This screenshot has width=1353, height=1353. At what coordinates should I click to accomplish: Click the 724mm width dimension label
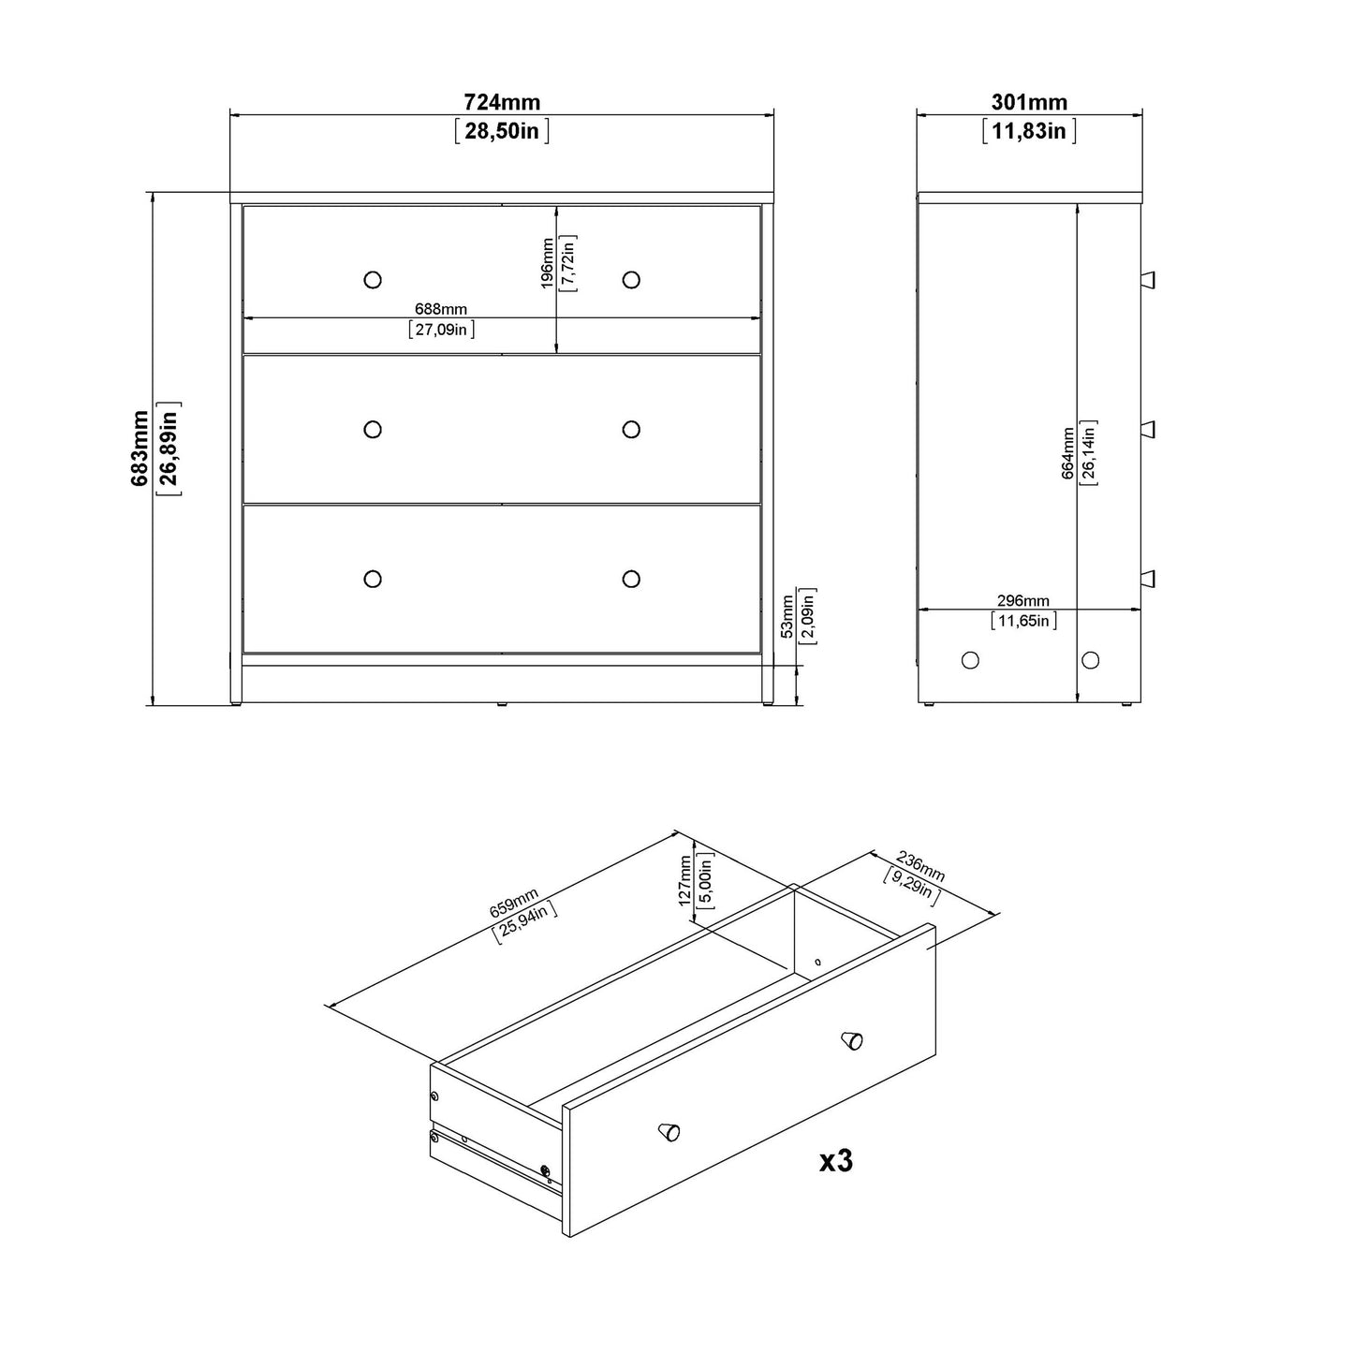(502, 102)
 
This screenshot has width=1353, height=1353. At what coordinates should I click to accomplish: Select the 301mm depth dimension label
(1029, 102)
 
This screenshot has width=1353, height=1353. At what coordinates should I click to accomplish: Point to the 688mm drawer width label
(441, 309)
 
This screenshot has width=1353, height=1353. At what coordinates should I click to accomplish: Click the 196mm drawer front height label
(548, 263)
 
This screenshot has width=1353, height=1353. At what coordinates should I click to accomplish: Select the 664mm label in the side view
(1067, 454)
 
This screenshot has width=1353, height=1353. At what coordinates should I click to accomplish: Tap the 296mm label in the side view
(1022, 600)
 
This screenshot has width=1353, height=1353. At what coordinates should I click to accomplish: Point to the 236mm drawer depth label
(921, 866)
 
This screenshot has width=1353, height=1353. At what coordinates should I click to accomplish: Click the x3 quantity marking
(835, 1162)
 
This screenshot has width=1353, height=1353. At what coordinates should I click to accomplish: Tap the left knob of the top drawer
(373, 279)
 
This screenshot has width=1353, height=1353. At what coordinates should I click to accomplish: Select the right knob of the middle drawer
(631, 429)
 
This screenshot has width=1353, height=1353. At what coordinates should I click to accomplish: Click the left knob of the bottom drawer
(373, 579)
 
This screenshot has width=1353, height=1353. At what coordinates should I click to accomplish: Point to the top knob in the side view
(1148, 279)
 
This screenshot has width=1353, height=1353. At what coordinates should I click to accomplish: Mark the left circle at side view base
(970, 660)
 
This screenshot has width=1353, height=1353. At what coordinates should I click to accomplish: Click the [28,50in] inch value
(502, 130)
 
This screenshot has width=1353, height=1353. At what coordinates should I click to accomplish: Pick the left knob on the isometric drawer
(669, 1132)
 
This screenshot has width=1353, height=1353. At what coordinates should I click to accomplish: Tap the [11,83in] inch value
(1029, 130)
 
